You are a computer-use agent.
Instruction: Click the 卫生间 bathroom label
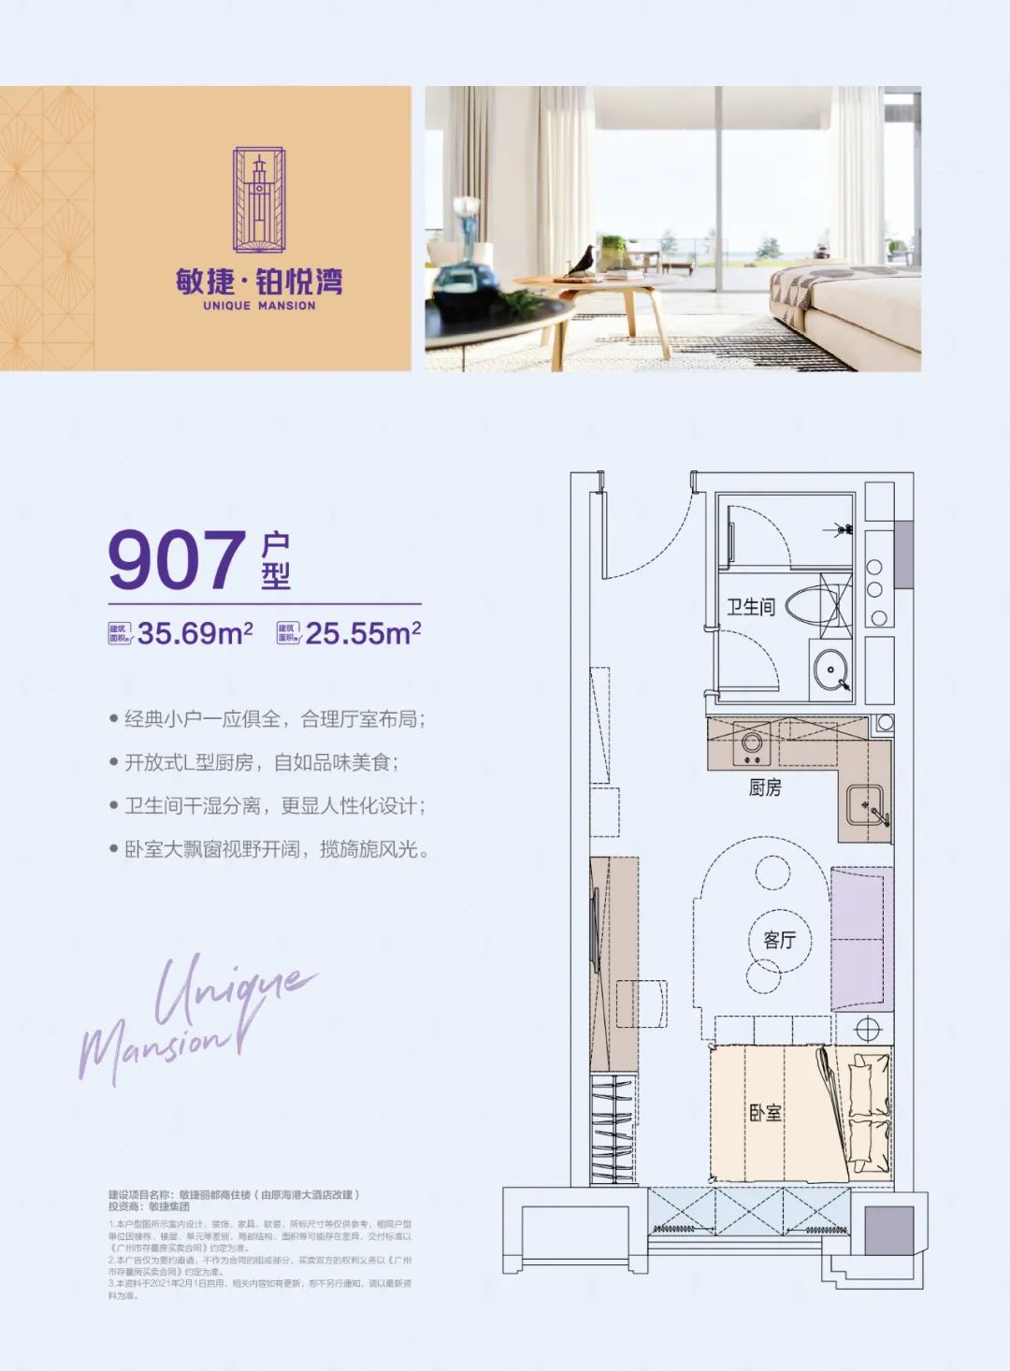tap(751, 607)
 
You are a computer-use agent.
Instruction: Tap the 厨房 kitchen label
tap(764, 787)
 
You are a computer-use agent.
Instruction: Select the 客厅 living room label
tap(779, 939)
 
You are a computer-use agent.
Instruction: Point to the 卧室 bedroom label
tap(765, 1112)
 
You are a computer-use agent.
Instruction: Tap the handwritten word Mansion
tap(154, 1052)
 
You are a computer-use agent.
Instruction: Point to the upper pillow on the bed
tap(870, 1073)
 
